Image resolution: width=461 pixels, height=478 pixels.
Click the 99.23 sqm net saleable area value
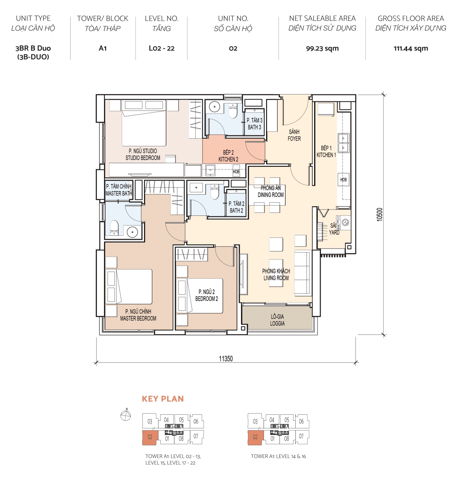coord(322,49)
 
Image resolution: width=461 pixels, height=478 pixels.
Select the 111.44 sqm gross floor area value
coord(410,49)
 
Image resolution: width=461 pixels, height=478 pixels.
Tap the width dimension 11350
coord(226,359)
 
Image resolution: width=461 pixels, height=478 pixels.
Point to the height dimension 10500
coord(380,215)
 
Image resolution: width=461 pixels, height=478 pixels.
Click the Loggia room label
coord(277,320)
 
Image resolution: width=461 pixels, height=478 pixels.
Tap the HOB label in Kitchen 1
coord(343,180)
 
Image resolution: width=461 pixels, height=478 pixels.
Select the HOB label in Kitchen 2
coord(236,171)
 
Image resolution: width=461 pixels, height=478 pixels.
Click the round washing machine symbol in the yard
coord(346,222)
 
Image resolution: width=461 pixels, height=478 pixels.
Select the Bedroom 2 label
coord(206,295)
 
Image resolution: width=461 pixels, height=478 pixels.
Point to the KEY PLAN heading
coord(163,399)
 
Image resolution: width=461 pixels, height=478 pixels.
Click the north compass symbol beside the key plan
coord(126,416)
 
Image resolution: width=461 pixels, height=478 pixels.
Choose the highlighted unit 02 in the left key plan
coord(150,437)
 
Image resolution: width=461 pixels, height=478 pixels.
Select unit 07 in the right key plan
coord(301,436)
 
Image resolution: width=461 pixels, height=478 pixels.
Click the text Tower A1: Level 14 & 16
coord(278,456)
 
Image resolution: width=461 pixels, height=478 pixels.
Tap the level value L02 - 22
coord(162,49)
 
